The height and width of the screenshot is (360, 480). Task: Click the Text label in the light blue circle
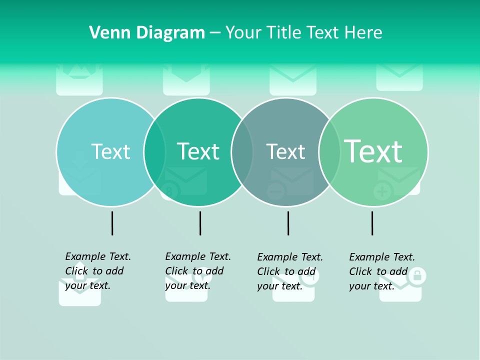click(110, 151)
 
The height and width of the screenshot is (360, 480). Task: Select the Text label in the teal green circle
click(198, 151)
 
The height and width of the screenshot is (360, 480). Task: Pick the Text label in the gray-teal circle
click(285, 151)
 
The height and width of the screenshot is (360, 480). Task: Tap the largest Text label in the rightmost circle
click(373, 151)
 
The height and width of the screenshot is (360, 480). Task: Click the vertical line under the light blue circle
click(112, 223)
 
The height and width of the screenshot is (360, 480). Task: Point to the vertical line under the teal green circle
click(200, 223)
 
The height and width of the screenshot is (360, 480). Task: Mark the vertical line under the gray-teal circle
click(288, 223)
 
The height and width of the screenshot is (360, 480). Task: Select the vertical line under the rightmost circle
click(372, 223)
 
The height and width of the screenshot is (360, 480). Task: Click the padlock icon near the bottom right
click(417, 274)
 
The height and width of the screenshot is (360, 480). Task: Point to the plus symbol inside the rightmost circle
click(382, 191)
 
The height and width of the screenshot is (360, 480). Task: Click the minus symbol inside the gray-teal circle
click(275, 191)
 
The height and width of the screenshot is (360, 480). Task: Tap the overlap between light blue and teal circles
click(154, 151)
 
